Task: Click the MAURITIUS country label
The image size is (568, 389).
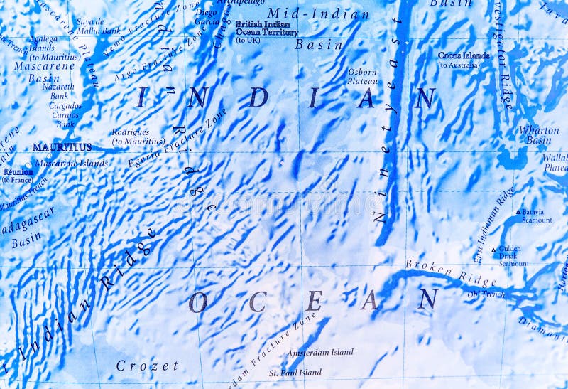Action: [62, 147]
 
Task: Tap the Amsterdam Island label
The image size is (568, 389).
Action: [319, 353]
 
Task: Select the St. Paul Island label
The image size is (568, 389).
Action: [295, 372]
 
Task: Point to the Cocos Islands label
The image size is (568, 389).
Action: [463, 55]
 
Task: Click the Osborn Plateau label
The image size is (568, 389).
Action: [362, 76]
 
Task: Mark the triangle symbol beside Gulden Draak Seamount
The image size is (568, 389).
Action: [494, 250]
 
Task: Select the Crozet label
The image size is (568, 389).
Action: [147, 366]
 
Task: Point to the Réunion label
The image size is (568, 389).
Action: [18, 171]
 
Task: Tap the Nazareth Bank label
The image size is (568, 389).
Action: [58, 91]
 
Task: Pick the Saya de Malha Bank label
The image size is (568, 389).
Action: [98, 26]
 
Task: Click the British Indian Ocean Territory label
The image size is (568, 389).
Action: [266, 28]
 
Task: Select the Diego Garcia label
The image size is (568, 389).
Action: [206, 17]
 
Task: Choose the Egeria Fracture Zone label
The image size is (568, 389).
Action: [177, 138]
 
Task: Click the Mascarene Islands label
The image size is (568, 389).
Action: [71, 163]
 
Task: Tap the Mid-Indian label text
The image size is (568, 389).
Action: [318, 14]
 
